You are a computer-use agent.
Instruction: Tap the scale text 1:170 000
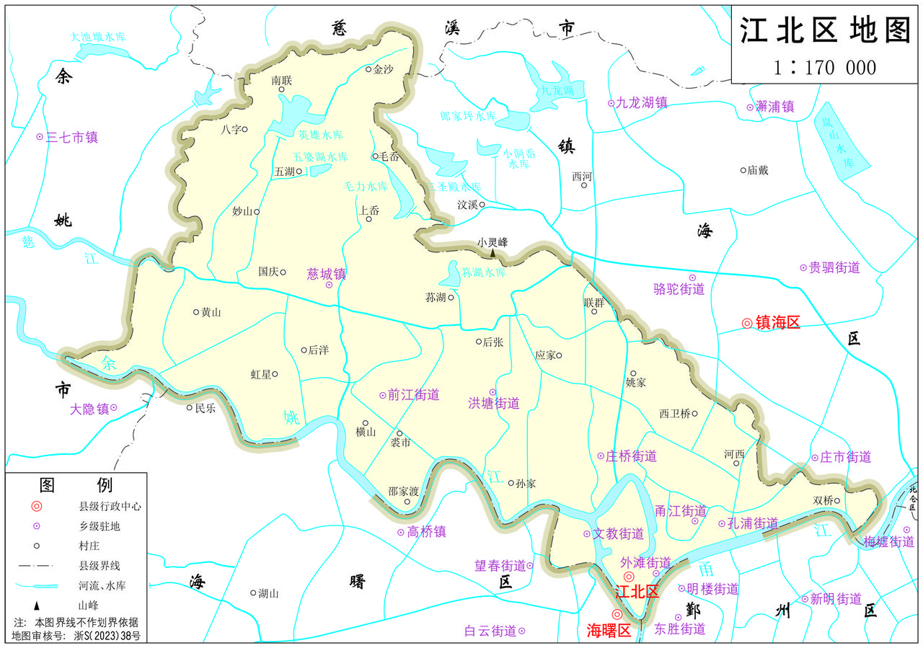pyautogui.click(x=825, y=68)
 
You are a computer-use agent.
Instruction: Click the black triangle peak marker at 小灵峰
pyautogui.click(x=493, y=254)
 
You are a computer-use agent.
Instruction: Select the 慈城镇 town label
pyautogui.click(x=327, y=274)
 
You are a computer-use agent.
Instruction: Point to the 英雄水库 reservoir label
pyautogui.click(x=321, y=135)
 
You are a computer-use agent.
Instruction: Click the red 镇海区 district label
pyautogui.click(x=777, y=323)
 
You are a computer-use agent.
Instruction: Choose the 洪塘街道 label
pyautogui.click(x=494, y=404)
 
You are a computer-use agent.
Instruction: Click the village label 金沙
pyautogui.click(x=384, y=69)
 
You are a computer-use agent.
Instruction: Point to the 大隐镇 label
pyautogui.click(x=89, y=409)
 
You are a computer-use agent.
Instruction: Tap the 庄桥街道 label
pyautogui.click(x=631, y=456)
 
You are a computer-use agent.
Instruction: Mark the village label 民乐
pyautogui.click(x=205, y=407)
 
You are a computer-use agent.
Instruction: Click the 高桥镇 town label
pyautogui.click(x=426, y=532)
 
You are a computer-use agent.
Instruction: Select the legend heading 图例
pyautogui.click(x=76, y=484)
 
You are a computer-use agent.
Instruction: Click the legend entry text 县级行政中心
pyautogui.click(x=110, y=507)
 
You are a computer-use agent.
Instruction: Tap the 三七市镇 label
pyautogui.click(x=71, y=137)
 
